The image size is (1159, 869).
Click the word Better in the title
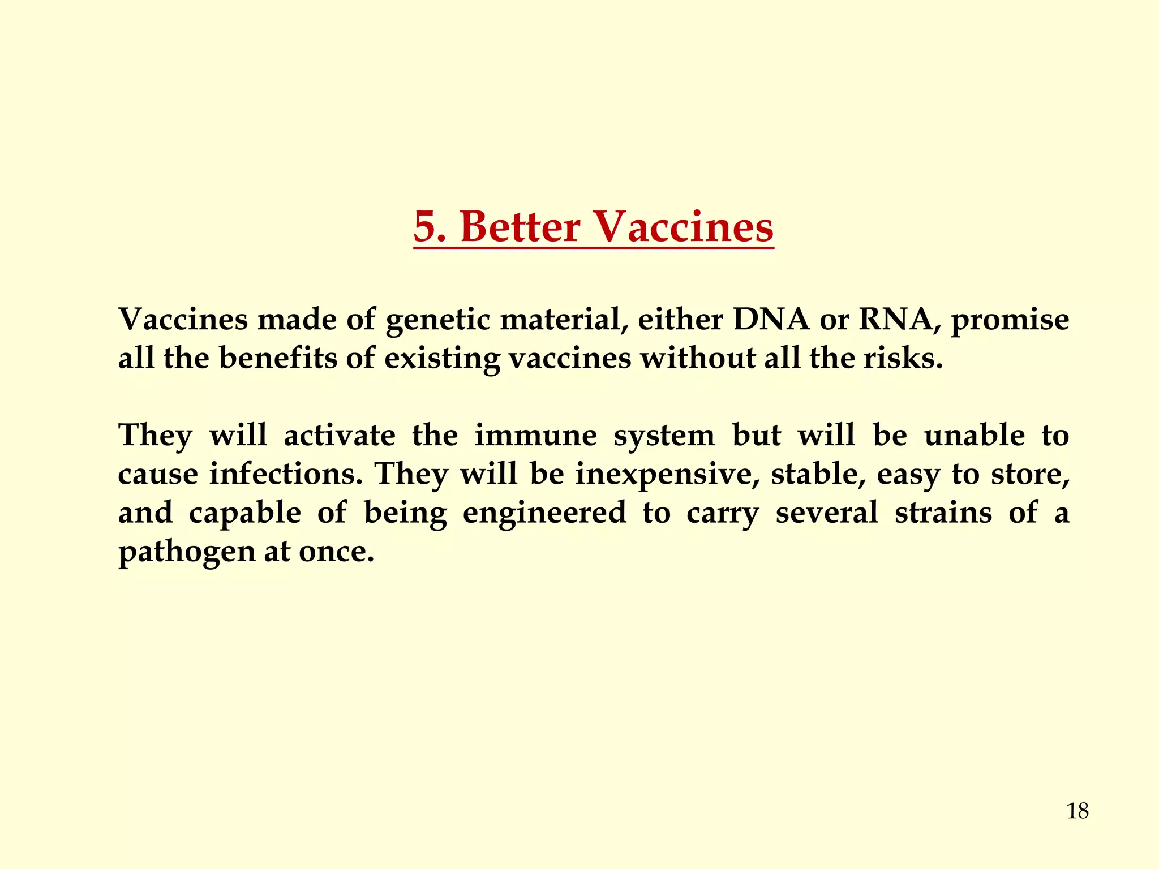pos(520,227)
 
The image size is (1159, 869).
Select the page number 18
pos(1078,811)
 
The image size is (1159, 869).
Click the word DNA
pos(771,320)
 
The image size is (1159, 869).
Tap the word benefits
pos(278,358)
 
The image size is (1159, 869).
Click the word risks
pos(902,358)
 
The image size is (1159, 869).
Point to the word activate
pos(340,436)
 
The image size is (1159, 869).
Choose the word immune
pos(535,436)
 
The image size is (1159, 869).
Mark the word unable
pos(974,436)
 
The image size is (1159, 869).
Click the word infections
pos(285,474)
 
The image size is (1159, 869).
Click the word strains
pos(943,513)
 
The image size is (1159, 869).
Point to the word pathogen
pos(187,552)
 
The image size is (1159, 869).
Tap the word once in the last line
pos(336,552)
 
